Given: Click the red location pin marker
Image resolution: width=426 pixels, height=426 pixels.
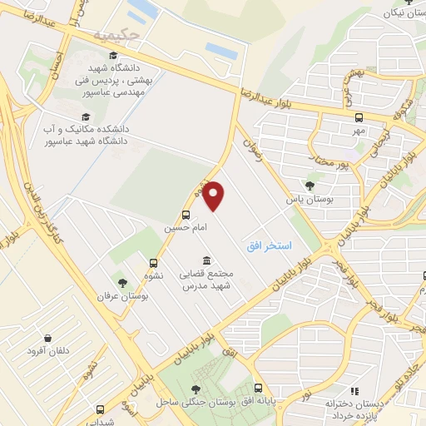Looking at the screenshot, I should tap(215, 196).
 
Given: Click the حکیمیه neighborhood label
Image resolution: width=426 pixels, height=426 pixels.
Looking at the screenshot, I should tap(113, 36).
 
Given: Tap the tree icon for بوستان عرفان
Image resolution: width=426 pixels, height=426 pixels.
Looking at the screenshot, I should tap(123, 283).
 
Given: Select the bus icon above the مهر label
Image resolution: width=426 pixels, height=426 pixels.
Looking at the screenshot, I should tap(359, 117).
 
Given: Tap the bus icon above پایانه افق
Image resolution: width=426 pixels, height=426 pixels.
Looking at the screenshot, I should tap(258, 388).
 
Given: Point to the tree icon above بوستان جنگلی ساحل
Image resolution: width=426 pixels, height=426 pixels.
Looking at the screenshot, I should tap(196, 389).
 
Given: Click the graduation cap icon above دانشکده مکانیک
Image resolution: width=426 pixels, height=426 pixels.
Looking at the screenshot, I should tap(84, 117).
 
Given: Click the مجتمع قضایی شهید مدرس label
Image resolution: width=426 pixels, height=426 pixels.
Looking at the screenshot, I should tap(206, 280).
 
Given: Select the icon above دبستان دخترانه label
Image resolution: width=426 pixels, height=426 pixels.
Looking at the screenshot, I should tap(354, 390).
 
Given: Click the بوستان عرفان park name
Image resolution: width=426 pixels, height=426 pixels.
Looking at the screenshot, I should tap(116, 296).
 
